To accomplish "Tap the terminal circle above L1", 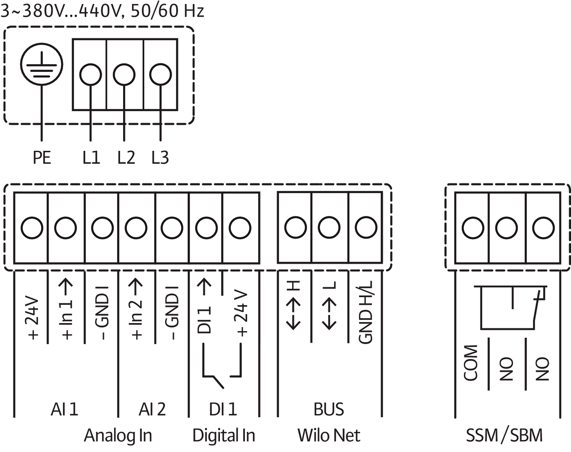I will pos(91,74).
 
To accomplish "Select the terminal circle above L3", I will pos(159,74).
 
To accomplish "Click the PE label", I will pos(41,158).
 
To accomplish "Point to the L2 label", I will pos(126,158).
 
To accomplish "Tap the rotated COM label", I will pos(471,362).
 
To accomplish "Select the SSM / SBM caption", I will pos(504,435).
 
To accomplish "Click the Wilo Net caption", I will pos(329,435).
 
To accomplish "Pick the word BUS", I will pos(329,409).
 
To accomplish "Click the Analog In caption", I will pos(118,435).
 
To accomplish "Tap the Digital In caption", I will pos(223,435).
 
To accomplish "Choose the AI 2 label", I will pos(152,409).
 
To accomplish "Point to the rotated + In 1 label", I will pos(67,308).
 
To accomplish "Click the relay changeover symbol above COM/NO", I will pos(513,308).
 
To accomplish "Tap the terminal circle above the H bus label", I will pos(295,228).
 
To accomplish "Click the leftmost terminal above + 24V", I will pos(32,228).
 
